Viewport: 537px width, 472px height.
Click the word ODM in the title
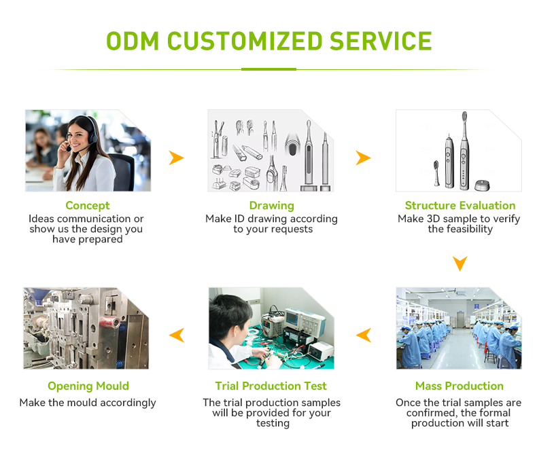(x=133, y=41)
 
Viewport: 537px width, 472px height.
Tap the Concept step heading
(x=88, y=205)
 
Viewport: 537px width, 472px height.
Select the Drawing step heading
(x=272, y=205)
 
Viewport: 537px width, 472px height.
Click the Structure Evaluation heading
(x=460, y=205)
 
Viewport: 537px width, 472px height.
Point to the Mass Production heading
(x=460, y=386)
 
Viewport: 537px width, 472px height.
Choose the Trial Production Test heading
(x=271, y=386)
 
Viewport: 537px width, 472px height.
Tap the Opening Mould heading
(x=88, y=386)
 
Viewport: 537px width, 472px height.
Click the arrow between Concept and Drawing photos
(x=177, y=158)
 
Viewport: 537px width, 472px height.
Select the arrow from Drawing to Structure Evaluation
(x=364, y=158)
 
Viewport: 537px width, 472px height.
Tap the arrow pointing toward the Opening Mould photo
(x=177, y=334)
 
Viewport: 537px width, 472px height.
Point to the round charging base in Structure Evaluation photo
(x=482, y=184)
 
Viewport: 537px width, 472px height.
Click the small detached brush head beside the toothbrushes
(x=435, y=173)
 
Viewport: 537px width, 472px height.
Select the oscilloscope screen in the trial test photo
(x=294, y=317)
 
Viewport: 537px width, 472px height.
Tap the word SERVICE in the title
(x=381, y=41)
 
